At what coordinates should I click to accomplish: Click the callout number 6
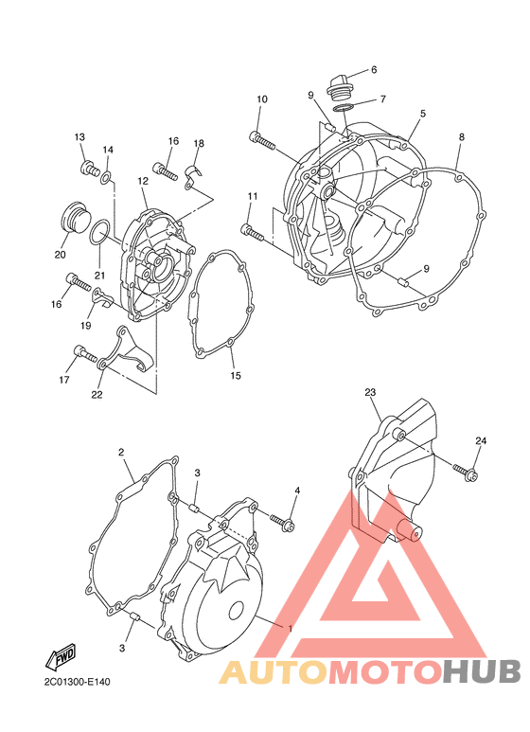click(374, 70)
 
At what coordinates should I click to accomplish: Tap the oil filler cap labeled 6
click(340, 88)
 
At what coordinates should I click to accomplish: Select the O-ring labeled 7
click(344, 108)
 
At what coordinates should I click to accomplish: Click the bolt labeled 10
click(263, 140)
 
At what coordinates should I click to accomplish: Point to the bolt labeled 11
click(253, 233)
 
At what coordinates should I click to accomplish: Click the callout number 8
click(462, 137)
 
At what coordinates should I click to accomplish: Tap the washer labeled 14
click(106, 177)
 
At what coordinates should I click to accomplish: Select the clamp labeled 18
click(193, 176)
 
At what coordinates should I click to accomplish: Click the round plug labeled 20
click(74, 218)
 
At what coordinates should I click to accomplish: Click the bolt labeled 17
click(84, 355)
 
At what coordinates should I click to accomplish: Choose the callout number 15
click(236, 375)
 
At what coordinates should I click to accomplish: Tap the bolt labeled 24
click(464, 471)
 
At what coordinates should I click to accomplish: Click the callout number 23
click(370, 393)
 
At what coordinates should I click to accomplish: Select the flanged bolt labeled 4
click(283, 522)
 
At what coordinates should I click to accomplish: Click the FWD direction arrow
click(61, 657)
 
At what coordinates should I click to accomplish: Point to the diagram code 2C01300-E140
click(78, 683)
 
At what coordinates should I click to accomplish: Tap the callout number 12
click(143, 181)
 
